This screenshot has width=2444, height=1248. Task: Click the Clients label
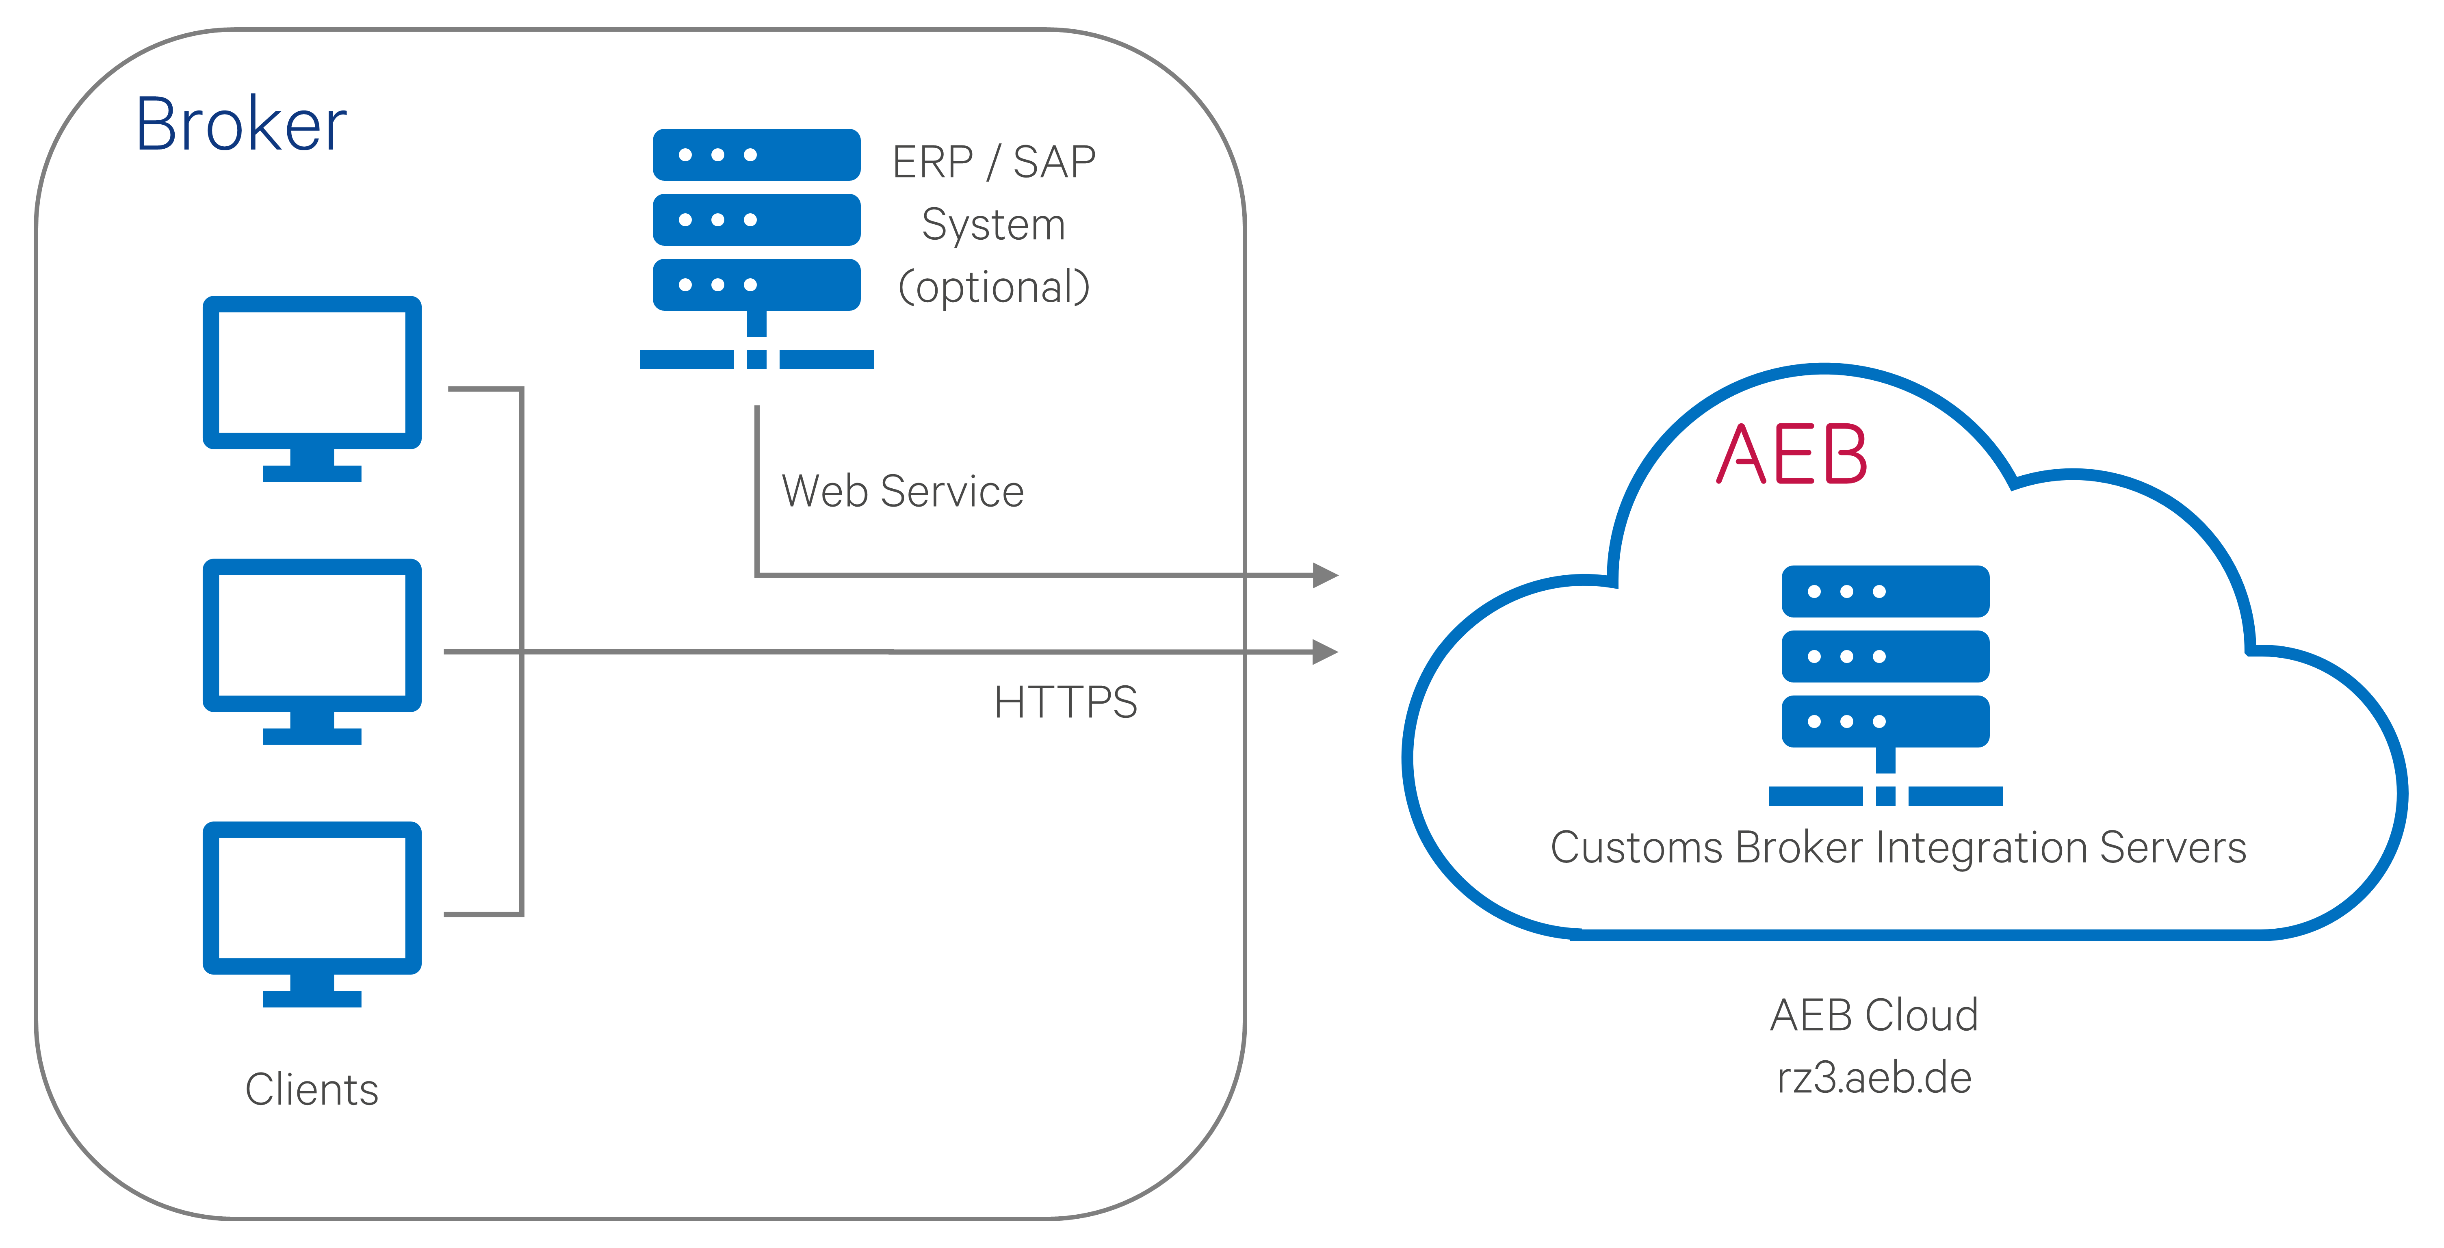(x=312, y=1089)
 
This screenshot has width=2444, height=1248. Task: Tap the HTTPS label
(x=1066, y=702)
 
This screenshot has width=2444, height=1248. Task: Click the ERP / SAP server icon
(x=756, y=249)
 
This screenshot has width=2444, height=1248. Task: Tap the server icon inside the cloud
(x=1885, y=685)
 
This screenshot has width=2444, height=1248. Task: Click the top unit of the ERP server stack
(x=756, y=155)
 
